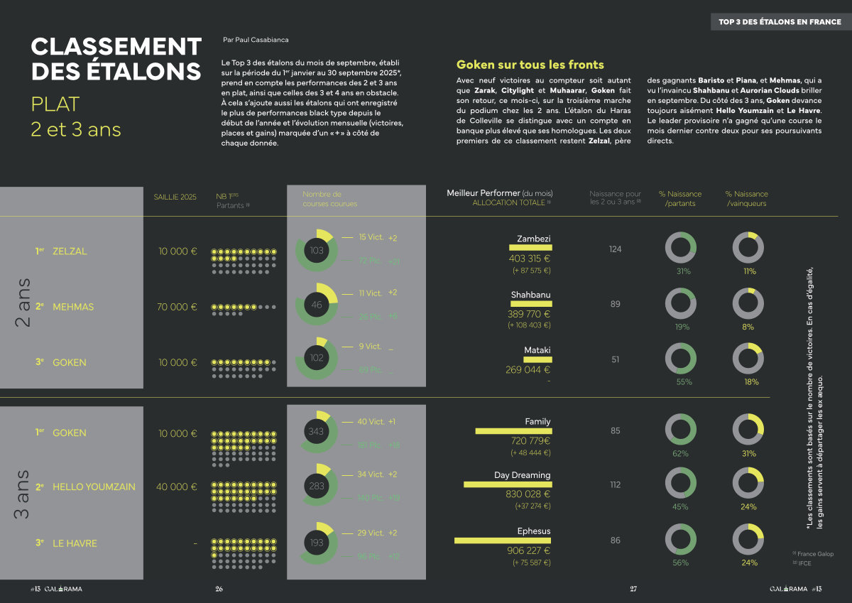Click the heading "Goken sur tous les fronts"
530,65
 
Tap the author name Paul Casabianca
255,40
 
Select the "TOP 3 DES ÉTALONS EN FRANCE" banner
780,22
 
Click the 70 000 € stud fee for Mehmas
177,307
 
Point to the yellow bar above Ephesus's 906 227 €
502,540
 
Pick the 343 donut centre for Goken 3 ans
316,431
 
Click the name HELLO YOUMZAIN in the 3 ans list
94,487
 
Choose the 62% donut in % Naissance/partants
680,429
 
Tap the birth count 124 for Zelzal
615,249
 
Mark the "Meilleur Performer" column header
500,193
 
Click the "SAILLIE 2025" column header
175,197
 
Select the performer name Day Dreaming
522,475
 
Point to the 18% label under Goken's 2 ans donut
750,381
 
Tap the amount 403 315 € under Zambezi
530,259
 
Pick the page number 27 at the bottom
633,589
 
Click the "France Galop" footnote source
815,554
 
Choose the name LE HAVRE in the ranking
75,543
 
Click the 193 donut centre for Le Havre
315,543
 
